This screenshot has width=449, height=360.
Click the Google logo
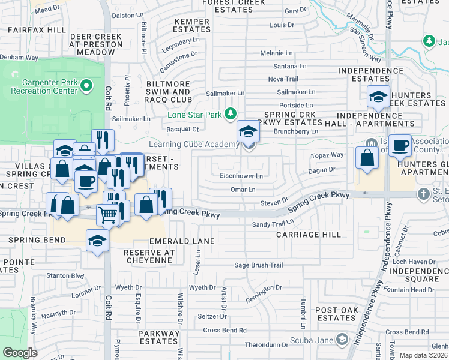coord(20,352)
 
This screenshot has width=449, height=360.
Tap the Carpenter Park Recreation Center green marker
coord(86,86)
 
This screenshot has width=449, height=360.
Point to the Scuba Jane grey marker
coord(342,340)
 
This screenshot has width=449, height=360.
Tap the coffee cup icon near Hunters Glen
coord(400,145)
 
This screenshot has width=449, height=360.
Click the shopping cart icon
coord(107,213)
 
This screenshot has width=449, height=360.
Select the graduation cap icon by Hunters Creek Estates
coord(378,97)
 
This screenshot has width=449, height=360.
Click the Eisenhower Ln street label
coord(242,176)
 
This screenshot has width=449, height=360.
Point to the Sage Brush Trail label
coord(258,265)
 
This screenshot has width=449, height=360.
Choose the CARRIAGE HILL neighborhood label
coord(300,235)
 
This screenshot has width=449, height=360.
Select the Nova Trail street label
coord(283,79)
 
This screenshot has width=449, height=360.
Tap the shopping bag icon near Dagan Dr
coord(367,158)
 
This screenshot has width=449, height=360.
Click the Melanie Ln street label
coord(276,53)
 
